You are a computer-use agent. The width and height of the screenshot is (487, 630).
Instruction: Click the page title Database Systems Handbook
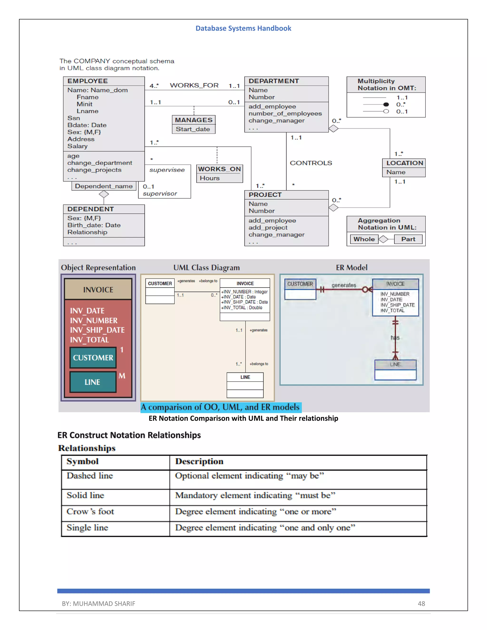click(x=243, y=28)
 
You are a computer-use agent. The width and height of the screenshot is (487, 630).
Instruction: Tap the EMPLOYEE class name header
click(x=88, y=81)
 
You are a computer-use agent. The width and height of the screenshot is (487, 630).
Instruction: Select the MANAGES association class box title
click(x=194, y=120)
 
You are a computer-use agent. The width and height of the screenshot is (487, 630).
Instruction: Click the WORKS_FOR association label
click(x=194, y=85)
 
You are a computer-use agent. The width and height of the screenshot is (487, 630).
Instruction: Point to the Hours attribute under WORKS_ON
click(x=210, y=178)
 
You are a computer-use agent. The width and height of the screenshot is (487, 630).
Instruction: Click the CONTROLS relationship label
click(x=311, y=163)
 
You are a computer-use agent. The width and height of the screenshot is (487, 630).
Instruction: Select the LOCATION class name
click(x=404, y=163)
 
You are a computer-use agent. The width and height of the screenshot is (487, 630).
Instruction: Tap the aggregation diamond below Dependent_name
click(x=104, y=194)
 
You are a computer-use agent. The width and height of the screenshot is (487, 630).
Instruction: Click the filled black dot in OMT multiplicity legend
click(x=386, y=104)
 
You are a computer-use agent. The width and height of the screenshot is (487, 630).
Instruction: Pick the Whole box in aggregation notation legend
click(x=364, y=239)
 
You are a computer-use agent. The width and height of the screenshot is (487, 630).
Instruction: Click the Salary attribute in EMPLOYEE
click(x=77, y=146)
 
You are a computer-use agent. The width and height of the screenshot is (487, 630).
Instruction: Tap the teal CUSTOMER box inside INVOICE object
click(x=93, y=358)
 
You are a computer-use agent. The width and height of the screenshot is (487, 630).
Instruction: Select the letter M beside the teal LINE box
click(x=122, y=376)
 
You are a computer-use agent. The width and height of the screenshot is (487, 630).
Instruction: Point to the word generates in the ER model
click(x=344, y=285)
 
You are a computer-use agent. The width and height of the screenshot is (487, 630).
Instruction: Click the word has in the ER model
click(x=395, y=338)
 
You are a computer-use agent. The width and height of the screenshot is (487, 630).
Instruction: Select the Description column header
click(x=199, y=461)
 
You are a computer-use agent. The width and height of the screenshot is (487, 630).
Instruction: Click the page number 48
click(x=421, y=603)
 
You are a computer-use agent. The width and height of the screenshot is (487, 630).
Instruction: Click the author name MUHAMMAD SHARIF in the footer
click(x=104, y=603)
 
